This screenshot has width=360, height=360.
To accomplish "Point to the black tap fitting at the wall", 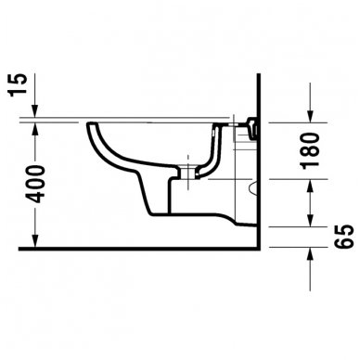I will pyautogui.click(x=254, y=126).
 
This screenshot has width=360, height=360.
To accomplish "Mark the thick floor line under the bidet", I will pyautogui.click(x=139, y=250).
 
